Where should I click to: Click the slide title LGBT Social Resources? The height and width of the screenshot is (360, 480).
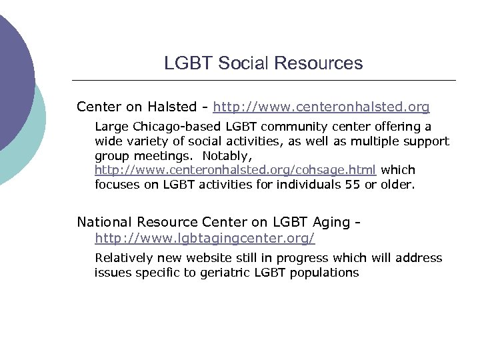point(263,63)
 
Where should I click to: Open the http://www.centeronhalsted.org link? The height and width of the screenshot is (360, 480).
point(321,107)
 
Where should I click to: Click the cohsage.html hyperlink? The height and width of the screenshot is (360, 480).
point(235,170)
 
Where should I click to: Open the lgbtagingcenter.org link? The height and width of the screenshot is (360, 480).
point(205,238)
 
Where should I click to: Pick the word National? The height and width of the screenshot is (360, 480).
point(104,222)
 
